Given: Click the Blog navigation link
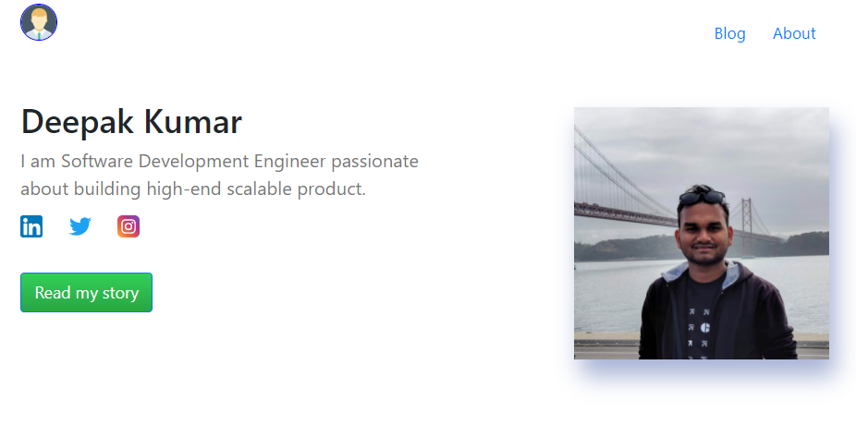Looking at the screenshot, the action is point(729,33).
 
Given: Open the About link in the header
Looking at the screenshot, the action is point(794,33).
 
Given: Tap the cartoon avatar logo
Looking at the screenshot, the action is point(39,22).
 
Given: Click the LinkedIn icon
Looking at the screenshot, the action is point(31,226).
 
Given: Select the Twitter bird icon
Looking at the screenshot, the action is point(79,226).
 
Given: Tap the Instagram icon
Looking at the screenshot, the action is point(128,226).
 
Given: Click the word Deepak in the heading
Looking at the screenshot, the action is point(77,122).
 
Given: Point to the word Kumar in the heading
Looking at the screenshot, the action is point(192,121).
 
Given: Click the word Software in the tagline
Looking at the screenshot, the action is point(97,161).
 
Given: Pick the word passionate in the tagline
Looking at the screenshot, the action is point(375,162).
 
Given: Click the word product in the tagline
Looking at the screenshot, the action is point(331,189).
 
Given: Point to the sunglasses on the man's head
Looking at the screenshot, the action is point(702,197).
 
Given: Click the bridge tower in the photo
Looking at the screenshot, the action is point(746,223).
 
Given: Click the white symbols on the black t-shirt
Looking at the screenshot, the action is point(698,334).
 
